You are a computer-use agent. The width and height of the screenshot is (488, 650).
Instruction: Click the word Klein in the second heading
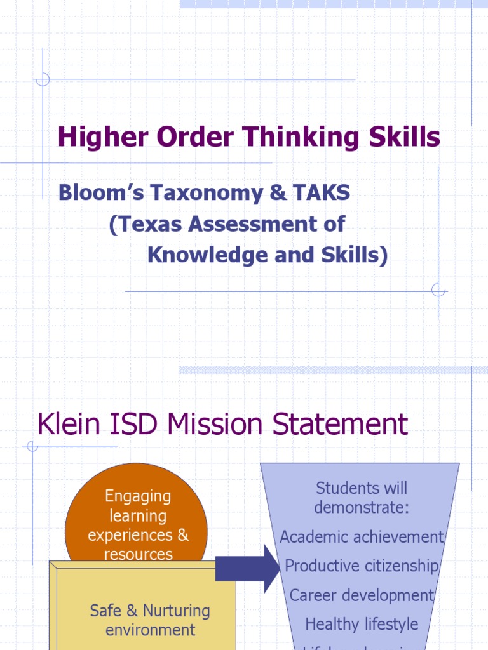[67, 424]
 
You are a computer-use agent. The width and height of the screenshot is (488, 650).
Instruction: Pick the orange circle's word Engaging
[138, 496]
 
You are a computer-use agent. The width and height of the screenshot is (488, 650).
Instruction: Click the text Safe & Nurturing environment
[150, 620]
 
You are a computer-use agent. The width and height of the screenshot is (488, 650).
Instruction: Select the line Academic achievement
[362, 536]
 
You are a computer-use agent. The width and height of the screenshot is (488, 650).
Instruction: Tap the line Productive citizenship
[362, 566]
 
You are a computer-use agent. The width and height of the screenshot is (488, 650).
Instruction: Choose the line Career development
[362, 595]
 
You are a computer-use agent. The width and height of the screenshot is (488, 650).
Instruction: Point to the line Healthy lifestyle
[362, 624]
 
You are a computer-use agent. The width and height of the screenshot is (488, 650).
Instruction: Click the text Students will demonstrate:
[362, 498]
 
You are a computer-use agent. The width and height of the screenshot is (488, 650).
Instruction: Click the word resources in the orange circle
[138, 554]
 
